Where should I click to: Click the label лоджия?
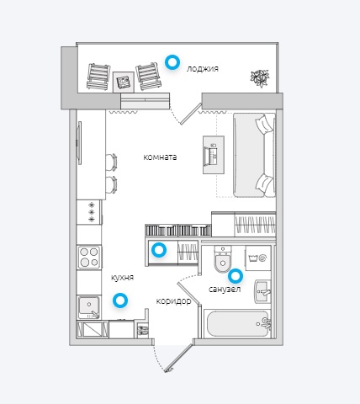pos(203,69)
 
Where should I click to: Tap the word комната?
pos(160,157)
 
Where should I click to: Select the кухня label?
pos(123,278)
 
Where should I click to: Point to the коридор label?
pos(173,301)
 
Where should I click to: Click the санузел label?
pos(225,289)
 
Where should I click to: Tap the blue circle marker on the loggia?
pos(172,62)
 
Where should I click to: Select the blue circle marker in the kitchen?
pos(120,300)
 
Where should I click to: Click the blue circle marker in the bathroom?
pos(236,276)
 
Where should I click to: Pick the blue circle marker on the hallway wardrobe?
pos(159,250)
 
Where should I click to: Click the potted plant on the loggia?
pos(260,77)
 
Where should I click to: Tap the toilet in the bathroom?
pos(223,258)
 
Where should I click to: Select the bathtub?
pos(237,324)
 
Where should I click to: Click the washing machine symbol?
pos(258,258)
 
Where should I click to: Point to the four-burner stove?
pos(89,258)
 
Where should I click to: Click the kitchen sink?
pos(89,307)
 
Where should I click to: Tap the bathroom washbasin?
pos(262,291)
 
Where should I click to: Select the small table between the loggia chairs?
pos(124,82)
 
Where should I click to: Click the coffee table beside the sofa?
pos(214,155)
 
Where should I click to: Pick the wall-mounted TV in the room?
pos(79,143)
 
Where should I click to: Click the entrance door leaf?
pos(178,358)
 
